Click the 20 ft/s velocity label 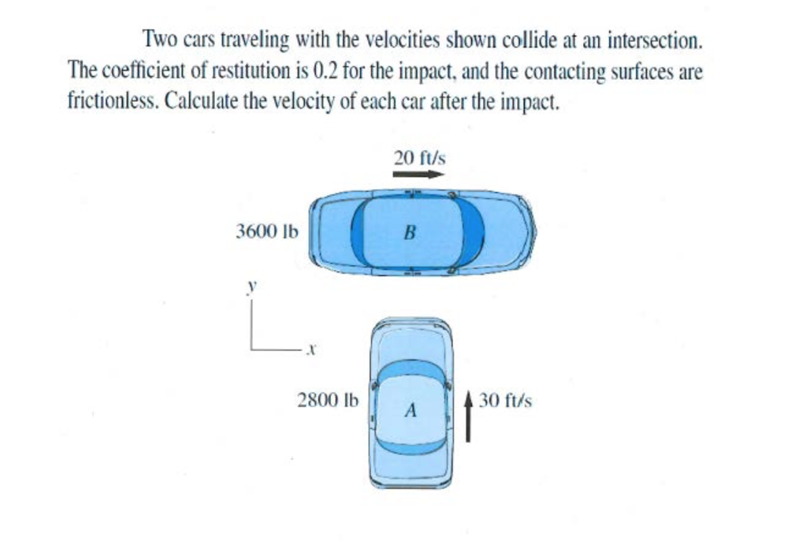(419, 158)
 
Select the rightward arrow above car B (418, 174)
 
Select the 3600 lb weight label (267, 231)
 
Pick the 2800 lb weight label (328, 400)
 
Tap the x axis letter (312, 349)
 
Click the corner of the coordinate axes (251, 349)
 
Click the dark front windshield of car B (474, 233)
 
